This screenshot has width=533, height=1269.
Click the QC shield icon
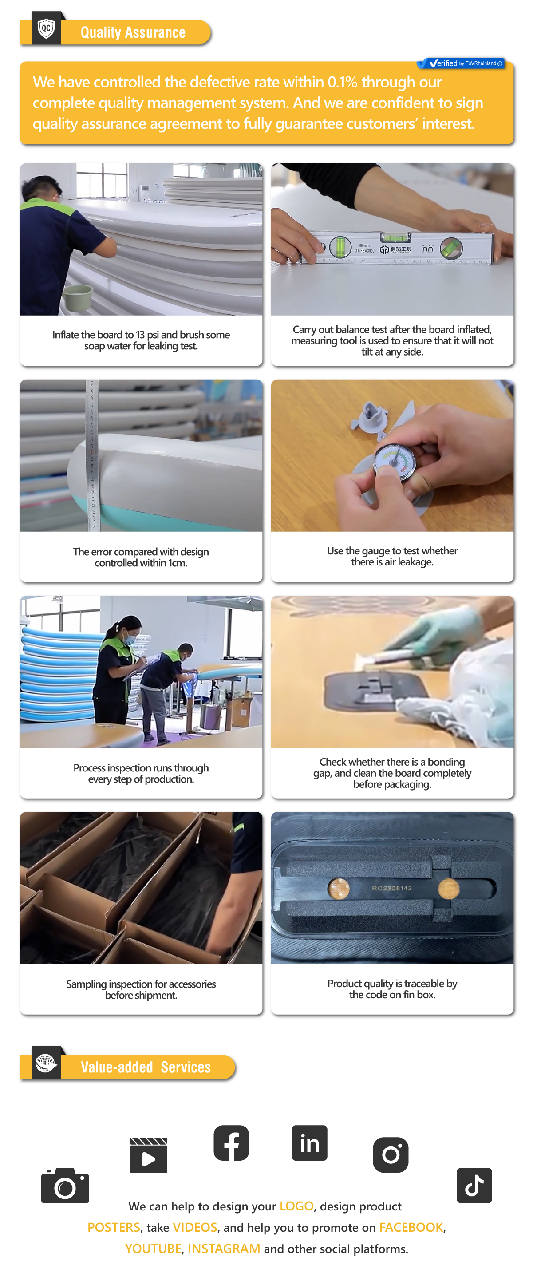pos(46,29)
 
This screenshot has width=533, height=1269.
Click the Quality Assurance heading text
pos(133,32)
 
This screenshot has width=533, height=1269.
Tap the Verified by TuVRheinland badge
pos(461,63)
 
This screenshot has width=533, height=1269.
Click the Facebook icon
pos(231,1143)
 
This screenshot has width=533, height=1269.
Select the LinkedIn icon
pos(309,1143)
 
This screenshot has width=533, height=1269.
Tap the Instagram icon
pos(391,1155)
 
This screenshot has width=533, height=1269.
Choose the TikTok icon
pos(474,1185)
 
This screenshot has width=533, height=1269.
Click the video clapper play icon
pos(149,1155)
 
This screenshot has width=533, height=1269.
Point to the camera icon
pos(65,1186)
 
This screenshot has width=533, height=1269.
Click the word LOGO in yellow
pos(296,1206)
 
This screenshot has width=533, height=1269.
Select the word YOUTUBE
pos(153,1248)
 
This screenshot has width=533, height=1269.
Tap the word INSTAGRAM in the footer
pos(224,1248)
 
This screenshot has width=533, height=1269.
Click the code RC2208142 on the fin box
pos(392,888)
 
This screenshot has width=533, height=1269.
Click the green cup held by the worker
pos(78,297)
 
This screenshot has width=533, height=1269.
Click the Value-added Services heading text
pos(146,1067)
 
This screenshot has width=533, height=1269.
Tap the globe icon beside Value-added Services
pos(46,1063)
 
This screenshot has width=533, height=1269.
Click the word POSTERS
pos(114,1227)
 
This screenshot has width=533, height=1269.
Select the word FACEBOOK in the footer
pos(411,1227)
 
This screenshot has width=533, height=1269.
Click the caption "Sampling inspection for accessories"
pos(141,984)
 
